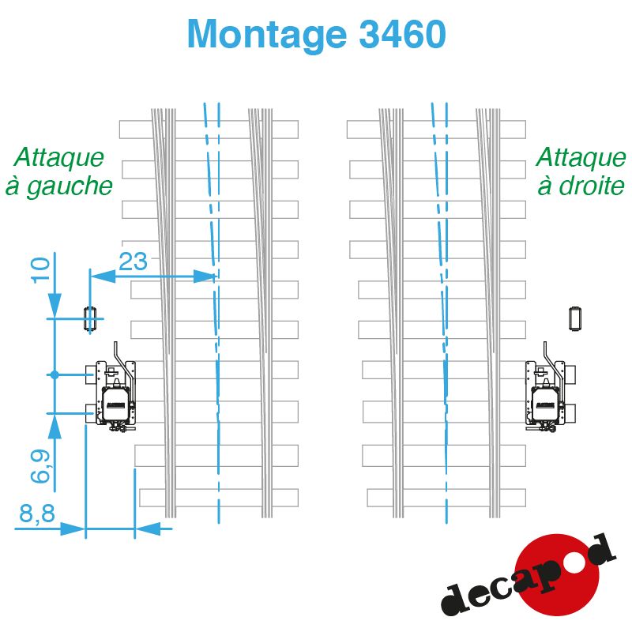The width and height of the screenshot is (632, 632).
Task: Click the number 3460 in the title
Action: point(402,34)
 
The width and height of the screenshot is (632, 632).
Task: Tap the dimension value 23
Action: point(133,261)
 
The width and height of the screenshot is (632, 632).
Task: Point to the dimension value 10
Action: point(40,269)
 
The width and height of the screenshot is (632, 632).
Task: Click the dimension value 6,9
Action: point(40,466)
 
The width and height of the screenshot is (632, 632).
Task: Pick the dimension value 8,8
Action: point(36,513)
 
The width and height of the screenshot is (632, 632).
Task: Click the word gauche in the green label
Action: point(70,187)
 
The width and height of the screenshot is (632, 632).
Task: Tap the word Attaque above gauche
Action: point(58,157)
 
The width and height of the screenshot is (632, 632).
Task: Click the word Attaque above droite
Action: point(581,157)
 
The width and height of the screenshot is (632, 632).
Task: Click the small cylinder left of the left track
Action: point(89,319)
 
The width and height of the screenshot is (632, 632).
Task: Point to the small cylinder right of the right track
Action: point(576,319)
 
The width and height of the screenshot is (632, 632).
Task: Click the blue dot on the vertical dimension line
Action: point(55,374)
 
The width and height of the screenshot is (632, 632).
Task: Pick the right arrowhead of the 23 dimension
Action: point(204,276)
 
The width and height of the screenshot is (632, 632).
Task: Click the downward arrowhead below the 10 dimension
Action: point(55,306)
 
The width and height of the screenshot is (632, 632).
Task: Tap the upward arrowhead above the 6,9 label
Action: point(55,427)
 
